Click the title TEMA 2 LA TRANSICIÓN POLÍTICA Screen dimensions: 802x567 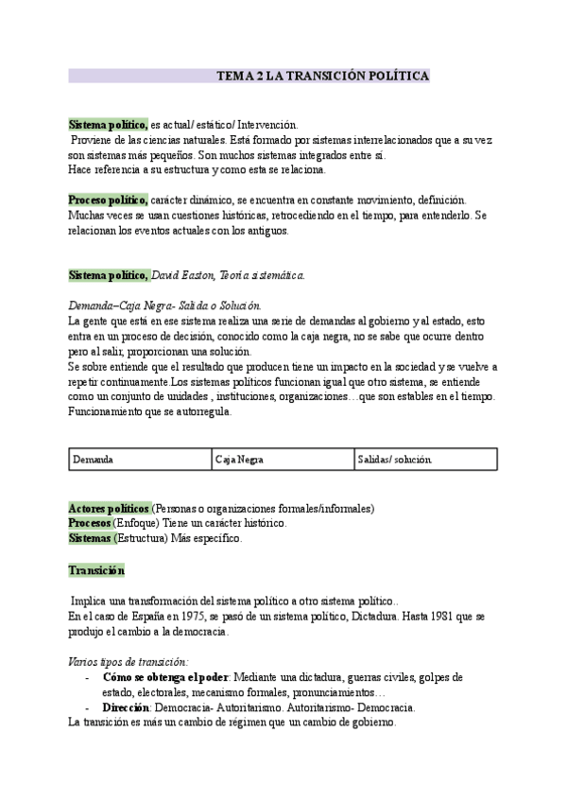323,75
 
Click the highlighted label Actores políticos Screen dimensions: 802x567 109,508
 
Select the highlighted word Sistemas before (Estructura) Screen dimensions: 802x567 90,538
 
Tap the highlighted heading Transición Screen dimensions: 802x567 96,570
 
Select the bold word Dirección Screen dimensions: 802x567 128,707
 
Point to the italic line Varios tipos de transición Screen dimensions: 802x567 129,662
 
